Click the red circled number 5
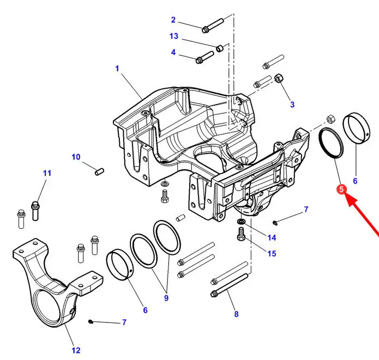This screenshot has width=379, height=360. (341, 190)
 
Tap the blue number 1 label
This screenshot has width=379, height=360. (117, 69)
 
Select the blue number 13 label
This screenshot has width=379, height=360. (174, 36)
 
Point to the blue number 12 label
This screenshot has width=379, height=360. (76, 350)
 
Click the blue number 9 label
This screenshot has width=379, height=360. (166, 298)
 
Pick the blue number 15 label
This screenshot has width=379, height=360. (272, 253)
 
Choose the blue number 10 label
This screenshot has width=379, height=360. (76, 157)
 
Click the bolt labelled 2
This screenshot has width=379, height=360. (213, 26)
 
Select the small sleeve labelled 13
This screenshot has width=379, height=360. (220, 48)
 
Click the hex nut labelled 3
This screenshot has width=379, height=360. (279, 78)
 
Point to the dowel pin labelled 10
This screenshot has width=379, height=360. (99, 172)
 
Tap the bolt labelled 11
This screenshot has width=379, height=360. (35, 211)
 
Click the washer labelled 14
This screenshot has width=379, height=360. (240, 221)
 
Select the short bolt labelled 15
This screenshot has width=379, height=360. (241, 234)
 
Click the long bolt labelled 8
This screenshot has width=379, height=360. (230, 285)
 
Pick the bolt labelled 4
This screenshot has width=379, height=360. (204, 57)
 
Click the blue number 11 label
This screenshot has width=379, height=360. (47, 173)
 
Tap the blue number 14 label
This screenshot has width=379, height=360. (272, 237)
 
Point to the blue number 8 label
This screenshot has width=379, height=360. (236, 314)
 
